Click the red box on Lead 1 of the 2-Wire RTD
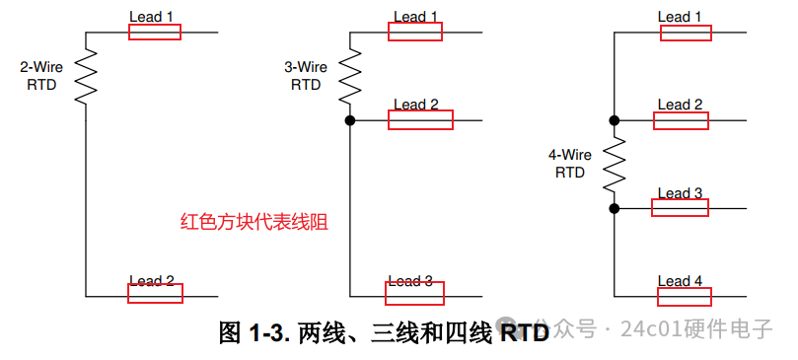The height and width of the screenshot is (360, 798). [x=155, y=31]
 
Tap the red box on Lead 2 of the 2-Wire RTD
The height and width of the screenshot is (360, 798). [x=155, y=293]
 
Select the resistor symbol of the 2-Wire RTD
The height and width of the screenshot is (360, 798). [x=86, y=76]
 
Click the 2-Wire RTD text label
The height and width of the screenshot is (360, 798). [x=41, y=76]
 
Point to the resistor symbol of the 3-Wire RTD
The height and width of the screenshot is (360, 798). [x=349, y=76]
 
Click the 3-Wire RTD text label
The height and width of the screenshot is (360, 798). [x=306, y=76]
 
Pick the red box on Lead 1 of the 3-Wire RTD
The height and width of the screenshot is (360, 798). [x=415, y=32]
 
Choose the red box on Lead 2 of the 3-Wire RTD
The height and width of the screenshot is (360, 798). [x=420, y=119]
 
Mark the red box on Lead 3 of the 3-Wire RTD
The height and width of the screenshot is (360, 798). [x=414, y=293]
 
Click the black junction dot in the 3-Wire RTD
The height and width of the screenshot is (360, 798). [x=349, y=120]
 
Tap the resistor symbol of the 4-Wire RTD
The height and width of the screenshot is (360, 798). [x=615, y=164]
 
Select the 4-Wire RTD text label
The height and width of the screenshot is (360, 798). [x=570, y=164]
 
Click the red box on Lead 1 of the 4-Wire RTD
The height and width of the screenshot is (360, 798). [x=686, y=33]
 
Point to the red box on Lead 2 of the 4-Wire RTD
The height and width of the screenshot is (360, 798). [x=681, y=120]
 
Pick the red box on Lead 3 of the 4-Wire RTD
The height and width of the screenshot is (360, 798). [x=680, y=208]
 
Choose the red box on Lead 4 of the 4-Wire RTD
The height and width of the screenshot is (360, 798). [x=684, y=297]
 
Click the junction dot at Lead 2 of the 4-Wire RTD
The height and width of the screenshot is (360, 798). [x=615, y=120]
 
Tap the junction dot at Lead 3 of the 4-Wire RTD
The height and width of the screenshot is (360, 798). [x=615, y=208]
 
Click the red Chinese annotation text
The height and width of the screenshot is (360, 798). [x=254, y=222]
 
